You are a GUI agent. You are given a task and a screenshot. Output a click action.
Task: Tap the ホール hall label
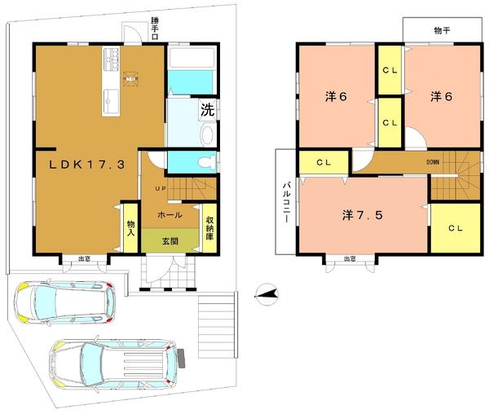click(170, 216)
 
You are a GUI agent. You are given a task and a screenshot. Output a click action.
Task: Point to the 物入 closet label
click(130, 225)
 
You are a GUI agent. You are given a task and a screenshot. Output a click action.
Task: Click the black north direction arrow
click(267, 293)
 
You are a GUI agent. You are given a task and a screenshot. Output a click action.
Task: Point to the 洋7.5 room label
click(359, 215)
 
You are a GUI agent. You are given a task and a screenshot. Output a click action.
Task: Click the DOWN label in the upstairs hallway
click(432, 162)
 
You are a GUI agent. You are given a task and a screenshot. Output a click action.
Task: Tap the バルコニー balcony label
click(287, 200)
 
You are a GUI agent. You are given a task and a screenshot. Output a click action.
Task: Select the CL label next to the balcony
click(324, 161)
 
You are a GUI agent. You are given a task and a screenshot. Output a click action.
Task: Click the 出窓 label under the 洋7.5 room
click(350, 258)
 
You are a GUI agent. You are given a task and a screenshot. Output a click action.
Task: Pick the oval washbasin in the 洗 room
click(205, 134)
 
